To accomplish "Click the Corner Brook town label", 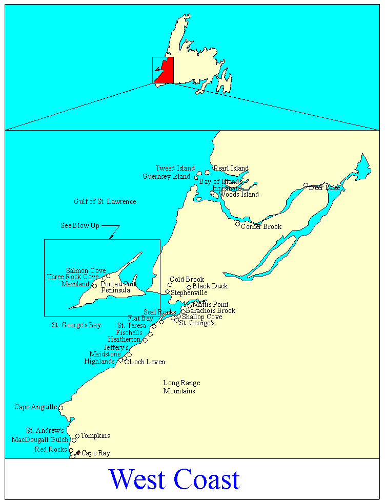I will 261,227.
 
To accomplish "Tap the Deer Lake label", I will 325,188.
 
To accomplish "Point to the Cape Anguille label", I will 35,407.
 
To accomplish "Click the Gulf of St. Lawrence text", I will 105,202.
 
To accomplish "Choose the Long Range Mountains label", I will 181,387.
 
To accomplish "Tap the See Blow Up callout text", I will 80,226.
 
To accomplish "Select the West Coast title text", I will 174,479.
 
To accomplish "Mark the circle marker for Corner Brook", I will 237,224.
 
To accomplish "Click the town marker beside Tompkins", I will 77,436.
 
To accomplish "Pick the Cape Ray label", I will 96,453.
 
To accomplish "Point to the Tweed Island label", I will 175,169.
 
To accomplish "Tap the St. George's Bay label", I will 76,325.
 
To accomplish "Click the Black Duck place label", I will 210,286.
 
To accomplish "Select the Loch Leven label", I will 147,362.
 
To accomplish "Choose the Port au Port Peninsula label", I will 118,287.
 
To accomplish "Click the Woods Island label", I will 239,195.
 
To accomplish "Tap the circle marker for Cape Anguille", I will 60,408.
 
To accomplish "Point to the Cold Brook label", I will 187,280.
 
